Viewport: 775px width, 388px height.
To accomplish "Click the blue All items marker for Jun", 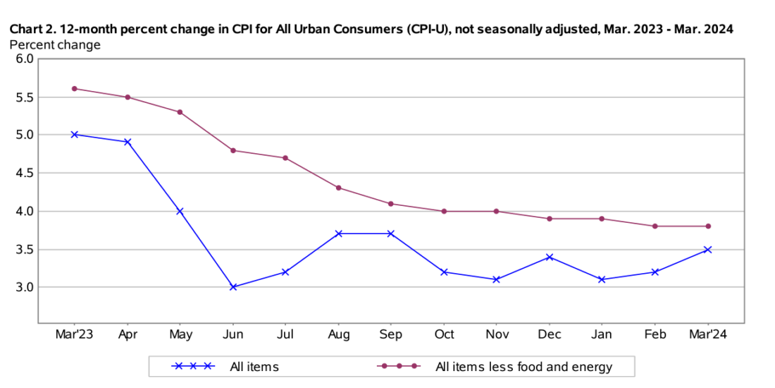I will (233, 287).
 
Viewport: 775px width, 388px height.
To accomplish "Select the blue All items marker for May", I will (180, 211).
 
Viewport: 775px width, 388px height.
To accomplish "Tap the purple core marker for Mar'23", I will (74, 89).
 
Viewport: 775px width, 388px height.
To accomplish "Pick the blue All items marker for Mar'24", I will (708, 249).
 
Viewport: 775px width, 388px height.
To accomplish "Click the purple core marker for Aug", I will (338, 188).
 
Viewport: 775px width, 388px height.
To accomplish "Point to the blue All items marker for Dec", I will (550, 257).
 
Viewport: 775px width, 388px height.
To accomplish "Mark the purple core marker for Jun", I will (233, 150).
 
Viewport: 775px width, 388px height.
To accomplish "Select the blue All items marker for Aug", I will (338, 234).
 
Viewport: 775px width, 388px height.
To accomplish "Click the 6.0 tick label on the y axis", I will (25, 59).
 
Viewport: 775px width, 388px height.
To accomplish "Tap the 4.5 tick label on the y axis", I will (25, 173).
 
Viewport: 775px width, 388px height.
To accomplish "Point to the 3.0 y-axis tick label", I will (25, 287).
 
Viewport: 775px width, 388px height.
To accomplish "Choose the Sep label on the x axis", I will (391, 334).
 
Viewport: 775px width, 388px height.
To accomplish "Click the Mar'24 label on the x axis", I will (708, 334).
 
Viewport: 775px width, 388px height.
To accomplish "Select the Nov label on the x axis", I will (497, 334).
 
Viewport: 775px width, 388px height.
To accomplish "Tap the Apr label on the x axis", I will (127, 334).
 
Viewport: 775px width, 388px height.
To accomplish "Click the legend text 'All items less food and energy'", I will (523, 367).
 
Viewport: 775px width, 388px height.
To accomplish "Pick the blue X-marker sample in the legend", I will (193, 367).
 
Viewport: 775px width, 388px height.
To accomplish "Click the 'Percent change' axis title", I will (54, 44).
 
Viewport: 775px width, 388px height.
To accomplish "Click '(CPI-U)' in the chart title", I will (426, 30).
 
